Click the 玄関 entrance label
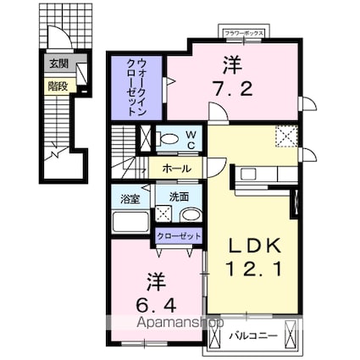tap(58, 64)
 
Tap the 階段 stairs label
tap(58, 86)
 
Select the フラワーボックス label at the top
tap(244, 33)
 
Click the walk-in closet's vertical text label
tap(136, 87)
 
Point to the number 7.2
tap(232, 89)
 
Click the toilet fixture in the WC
tap(169, 139)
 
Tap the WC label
tap(191, 140)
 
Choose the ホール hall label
tap(177, 169)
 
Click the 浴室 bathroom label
tap(130, 199)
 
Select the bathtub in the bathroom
tap(130, 222)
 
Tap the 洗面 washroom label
tap(179, 197)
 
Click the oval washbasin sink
tap(191, 215)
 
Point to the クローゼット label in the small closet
tap(179, 235)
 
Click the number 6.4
tap(157, 306)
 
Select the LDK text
tap(255, 246)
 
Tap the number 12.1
tap(253, 269)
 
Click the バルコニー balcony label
tap(253, 336)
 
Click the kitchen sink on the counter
tap(248, 173)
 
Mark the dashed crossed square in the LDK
tap(286, 136)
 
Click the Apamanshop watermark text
tap(180, 323)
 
